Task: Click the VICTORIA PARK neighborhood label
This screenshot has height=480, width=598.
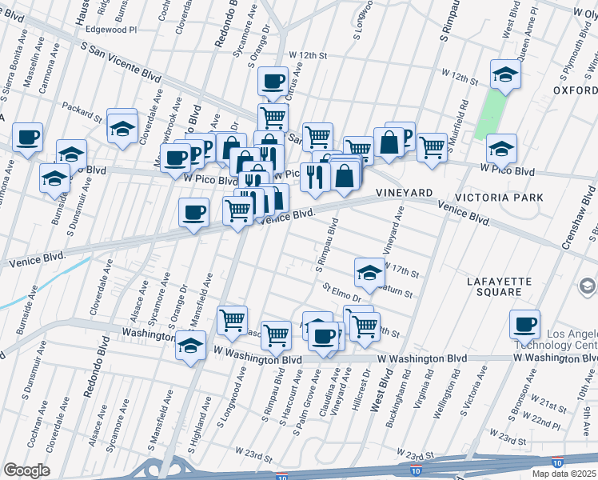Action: pyautogui.click(x=499, y=197)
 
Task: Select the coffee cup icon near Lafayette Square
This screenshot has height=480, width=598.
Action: pyautogui.click(x=524, y=324)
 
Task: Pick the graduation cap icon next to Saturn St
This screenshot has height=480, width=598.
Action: pyautogui.click(x=369, y=272)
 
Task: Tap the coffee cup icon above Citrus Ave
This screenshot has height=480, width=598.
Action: pyautogui.click(x=273, y=82)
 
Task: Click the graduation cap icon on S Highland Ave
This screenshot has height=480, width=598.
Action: pyautogui.click(x=190, y=346)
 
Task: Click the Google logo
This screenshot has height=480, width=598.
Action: pyautogui.click(x=26, y=470)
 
